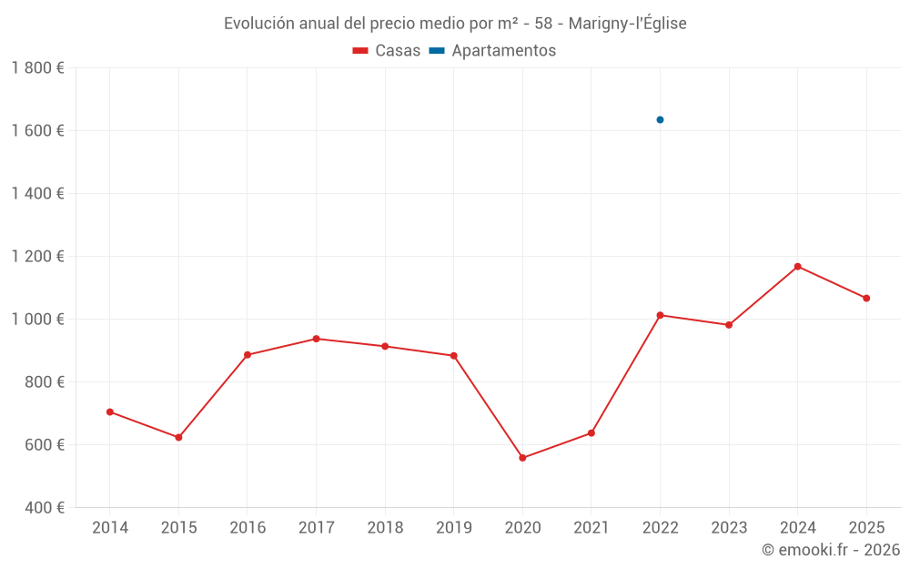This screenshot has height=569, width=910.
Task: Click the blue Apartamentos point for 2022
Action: click(x=660, y=119)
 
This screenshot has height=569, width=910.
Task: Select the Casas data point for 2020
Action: click(x=522, y=458)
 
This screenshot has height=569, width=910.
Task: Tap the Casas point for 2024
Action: click(x=797, y=266)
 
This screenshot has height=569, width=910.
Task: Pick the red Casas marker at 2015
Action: click(x=178, y=437)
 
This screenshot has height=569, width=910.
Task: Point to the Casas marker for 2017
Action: click(x=316, y=339)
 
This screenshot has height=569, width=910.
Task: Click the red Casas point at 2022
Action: click(x=660, y=315)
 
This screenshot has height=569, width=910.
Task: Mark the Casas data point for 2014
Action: click(x=110, y=412)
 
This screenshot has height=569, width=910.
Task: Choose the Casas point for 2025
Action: click(x=866, y=298)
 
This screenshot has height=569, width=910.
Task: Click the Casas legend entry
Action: click(x=387, y=51)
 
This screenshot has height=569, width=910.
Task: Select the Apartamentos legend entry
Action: click(x=492, y=51)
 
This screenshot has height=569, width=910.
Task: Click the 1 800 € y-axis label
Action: click(x=37, y=68)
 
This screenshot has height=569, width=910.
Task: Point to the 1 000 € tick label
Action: click(x=37, y=320)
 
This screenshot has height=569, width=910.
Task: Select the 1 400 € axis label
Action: click(x=37, y=194)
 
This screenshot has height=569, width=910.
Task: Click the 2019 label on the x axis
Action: click(x=453, y=528)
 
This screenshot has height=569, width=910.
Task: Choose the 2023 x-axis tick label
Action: click(x=729, y=528)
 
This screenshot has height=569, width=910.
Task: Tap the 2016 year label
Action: click(x=248, y=528)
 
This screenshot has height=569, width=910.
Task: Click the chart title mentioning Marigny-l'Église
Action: click(x=455, y=24)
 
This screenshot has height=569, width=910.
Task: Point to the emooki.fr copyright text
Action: click(x=830, y=550)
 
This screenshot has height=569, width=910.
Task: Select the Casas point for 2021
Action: click(x=591, y=432)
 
